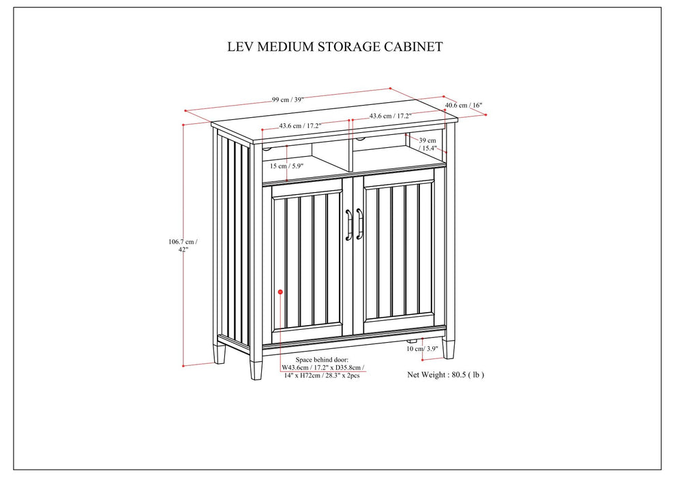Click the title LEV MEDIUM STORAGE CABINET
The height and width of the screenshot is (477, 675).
pos(335,47)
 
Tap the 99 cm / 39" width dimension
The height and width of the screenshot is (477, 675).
pos(287,99)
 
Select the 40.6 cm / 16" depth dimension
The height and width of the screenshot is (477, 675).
pos(464,106)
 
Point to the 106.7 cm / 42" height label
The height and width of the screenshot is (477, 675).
pos(182,245)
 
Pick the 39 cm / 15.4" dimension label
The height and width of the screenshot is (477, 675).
pos(427,144)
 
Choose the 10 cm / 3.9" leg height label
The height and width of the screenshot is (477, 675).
pos(423,349)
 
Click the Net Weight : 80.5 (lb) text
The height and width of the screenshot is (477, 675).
pos(445,374)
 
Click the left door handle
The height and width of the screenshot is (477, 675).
pos(348,224)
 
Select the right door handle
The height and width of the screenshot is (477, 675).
pos(359,224)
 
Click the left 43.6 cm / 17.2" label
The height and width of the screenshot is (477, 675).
pos(300,126)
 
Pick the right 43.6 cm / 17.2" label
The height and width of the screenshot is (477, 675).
pos(390,117)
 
